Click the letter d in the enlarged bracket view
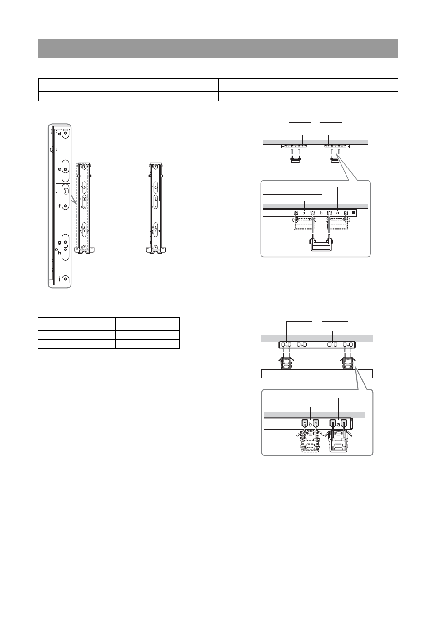tap(60, 134)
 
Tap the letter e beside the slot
tap(60, 169)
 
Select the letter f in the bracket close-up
tap(60, 206)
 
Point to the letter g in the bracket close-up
tap(60, 243)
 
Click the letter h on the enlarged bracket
tap(60, 253)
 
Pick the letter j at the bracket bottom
tap(60, 278)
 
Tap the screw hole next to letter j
tap(66, 278)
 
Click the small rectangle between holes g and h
tap(66, 246)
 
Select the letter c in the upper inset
tap(304, 213)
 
